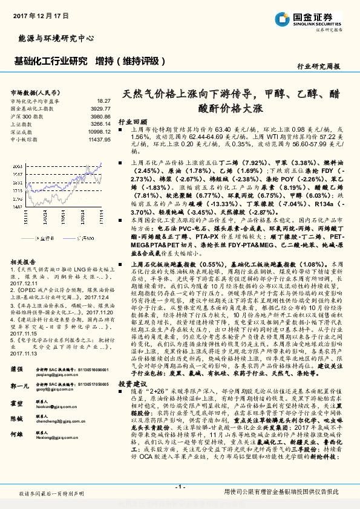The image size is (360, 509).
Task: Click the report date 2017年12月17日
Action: point(34,15)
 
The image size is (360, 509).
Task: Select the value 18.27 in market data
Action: point(103,101)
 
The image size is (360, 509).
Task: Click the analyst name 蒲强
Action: point(17,369)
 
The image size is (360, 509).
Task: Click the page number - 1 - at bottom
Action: point(180,487)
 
